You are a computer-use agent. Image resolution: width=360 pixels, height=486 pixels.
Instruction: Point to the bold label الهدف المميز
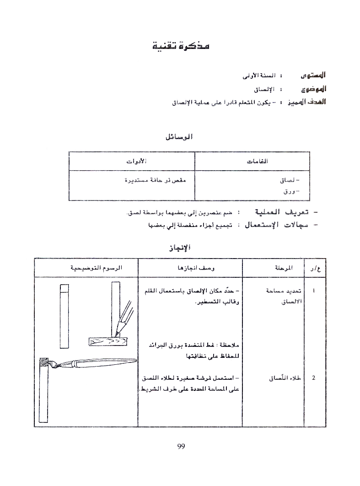[306, 102]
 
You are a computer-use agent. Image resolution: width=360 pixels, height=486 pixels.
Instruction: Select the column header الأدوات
[136, 161]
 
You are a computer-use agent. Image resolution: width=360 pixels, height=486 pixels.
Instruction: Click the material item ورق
[288, 191]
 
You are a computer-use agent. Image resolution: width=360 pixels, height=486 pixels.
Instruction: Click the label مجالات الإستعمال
[281, 225]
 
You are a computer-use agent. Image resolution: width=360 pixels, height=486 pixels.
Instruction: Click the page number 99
[180, 447]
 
